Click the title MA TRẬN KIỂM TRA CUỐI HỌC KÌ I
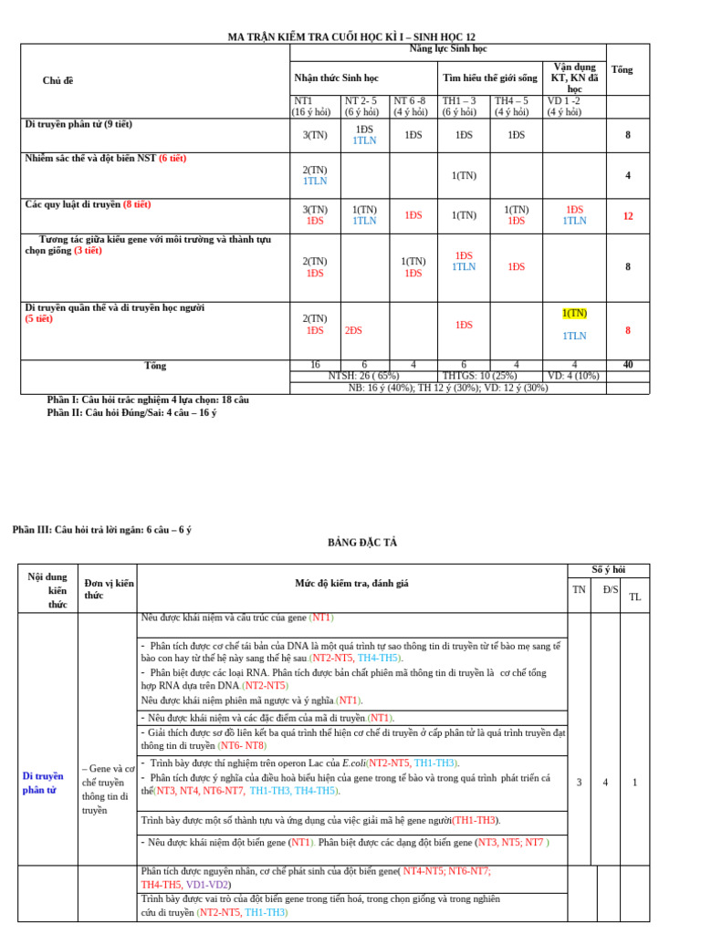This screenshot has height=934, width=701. coord(350,36)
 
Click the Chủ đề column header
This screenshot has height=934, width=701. coord(58,80)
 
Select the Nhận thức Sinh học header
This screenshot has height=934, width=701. coord(336,78)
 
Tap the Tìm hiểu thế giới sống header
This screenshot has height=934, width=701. coord(490,78)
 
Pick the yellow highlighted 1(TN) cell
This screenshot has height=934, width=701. coord(575,313)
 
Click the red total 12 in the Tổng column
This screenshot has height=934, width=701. coord(628,216)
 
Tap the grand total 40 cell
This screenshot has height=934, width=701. coord(628,365)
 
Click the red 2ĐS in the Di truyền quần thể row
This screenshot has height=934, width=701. coord(353,330)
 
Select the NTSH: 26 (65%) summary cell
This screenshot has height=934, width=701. coord(363,376)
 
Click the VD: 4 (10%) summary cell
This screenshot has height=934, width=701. coord(573,376)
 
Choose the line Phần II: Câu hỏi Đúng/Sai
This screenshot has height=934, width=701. coord(131,412)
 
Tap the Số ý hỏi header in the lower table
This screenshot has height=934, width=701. coord(609,569)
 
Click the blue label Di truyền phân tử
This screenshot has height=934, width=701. coord(43,783)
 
